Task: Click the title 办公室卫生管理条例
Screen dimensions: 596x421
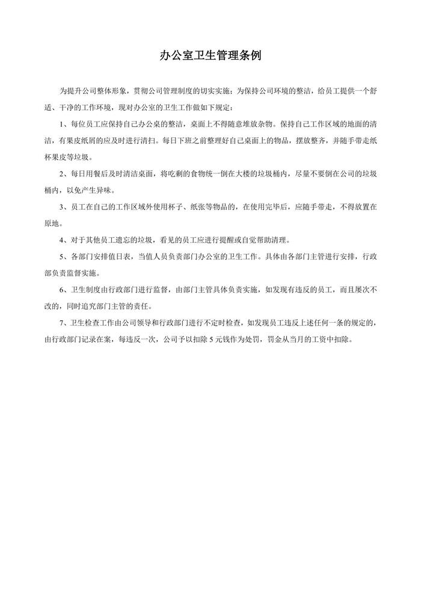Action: pos(210,55)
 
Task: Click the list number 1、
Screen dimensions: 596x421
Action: pos(64,124)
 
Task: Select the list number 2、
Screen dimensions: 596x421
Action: pos(64,174)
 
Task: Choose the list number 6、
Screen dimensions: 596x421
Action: pos(64,290)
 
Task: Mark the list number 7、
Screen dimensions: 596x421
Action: pos(64,323)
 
